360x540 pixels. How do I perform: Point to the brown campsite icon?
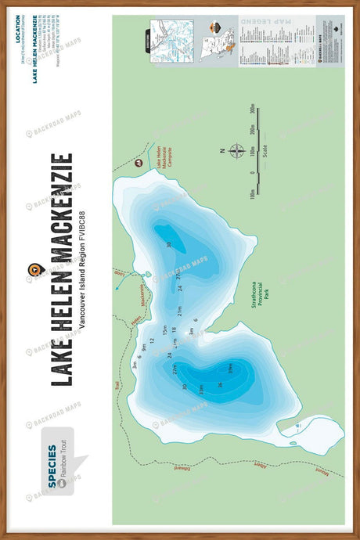coord(139,164)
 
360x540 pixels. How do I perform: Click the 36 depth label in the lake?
coord(221,383)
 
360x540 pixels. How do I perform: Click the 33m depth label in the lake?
coord(201,389)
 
